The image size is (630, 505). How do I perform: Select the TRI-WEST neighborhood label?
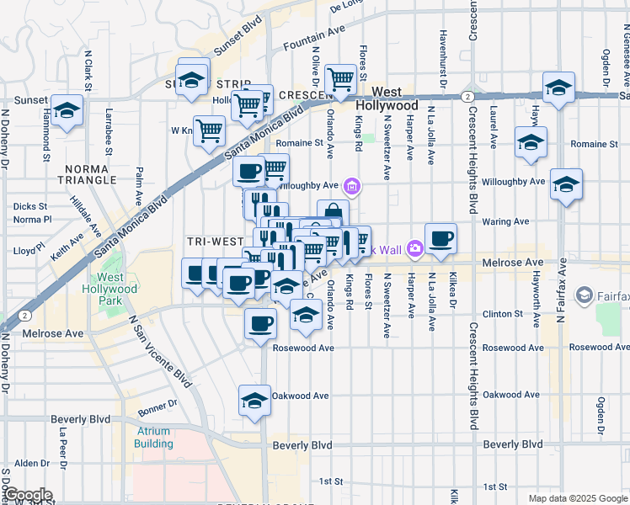(x=216, y=241)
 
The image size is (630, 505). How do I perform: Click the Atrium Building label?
(x=153, y=437)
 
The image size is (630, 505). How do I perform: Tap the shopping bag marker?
(x=333, y=214)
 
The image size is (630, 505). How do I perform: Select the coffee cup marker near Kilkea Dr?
(x=440, y=238)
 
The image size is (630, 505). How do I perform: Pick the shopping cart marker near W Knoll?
(x=209, y=130)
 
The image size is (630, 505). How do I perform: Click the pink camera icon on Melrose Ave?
(x=414, y=248)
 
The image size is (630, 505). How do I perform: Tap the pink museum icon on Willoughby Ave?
(x=353, y=185)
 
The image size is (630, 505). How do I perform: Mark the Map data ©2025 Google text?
(x=578, y=498)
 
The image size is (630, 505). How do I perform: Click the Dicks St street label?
(x=30, y=205)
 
